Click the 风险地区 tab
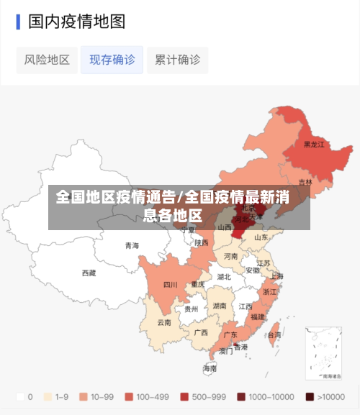(x=47, y=60)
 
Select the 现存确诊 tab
(x=112, y=60)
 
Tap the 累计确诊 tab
(x=177, y=60)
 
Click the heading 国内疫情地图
(x=76, y=22)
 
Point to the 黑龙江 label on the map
(x=313, y=145)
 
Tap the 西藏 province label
(x=89, y=273)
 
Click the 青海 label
(x=132, y=245)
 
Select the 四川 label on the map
(x=170, y=285)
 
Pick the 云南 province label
(x=165, y=322)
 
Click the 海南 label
(x=210, y=368)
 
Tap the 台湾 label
(x=274, y=334)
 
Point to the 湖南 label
(x=220, y=306)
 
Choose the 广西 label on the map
(x=201, y=332)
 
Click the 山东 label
(x=261, y=237)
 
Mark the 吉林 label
(x=305, y=182)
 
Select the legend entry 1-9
(x=57, y=396)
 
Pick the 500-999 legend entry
(x=204, y=396)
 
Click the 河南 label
(x=230, y=256)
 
